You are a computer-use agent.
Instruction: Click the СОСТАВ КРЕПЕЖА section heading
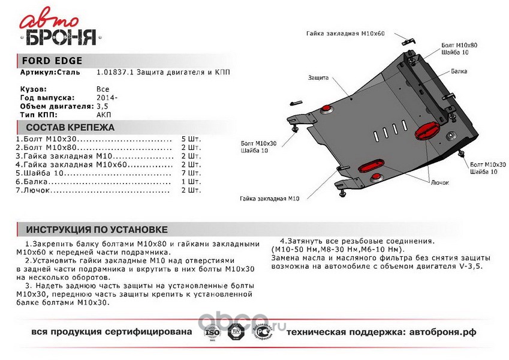tap(70, 127)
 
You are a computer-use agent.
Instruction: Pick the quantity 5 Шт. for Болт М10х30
tap(191, 139)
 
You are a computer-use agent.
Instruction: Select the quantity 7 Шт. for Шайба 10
tap(191, 173)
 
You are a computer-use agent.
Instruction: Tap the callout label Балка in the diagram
tap(461, 71)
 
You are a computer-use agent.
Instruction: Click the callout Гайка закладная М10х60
tap(344, 34)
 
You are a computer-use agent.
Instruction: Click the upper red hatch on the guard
tap(426, 130)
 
